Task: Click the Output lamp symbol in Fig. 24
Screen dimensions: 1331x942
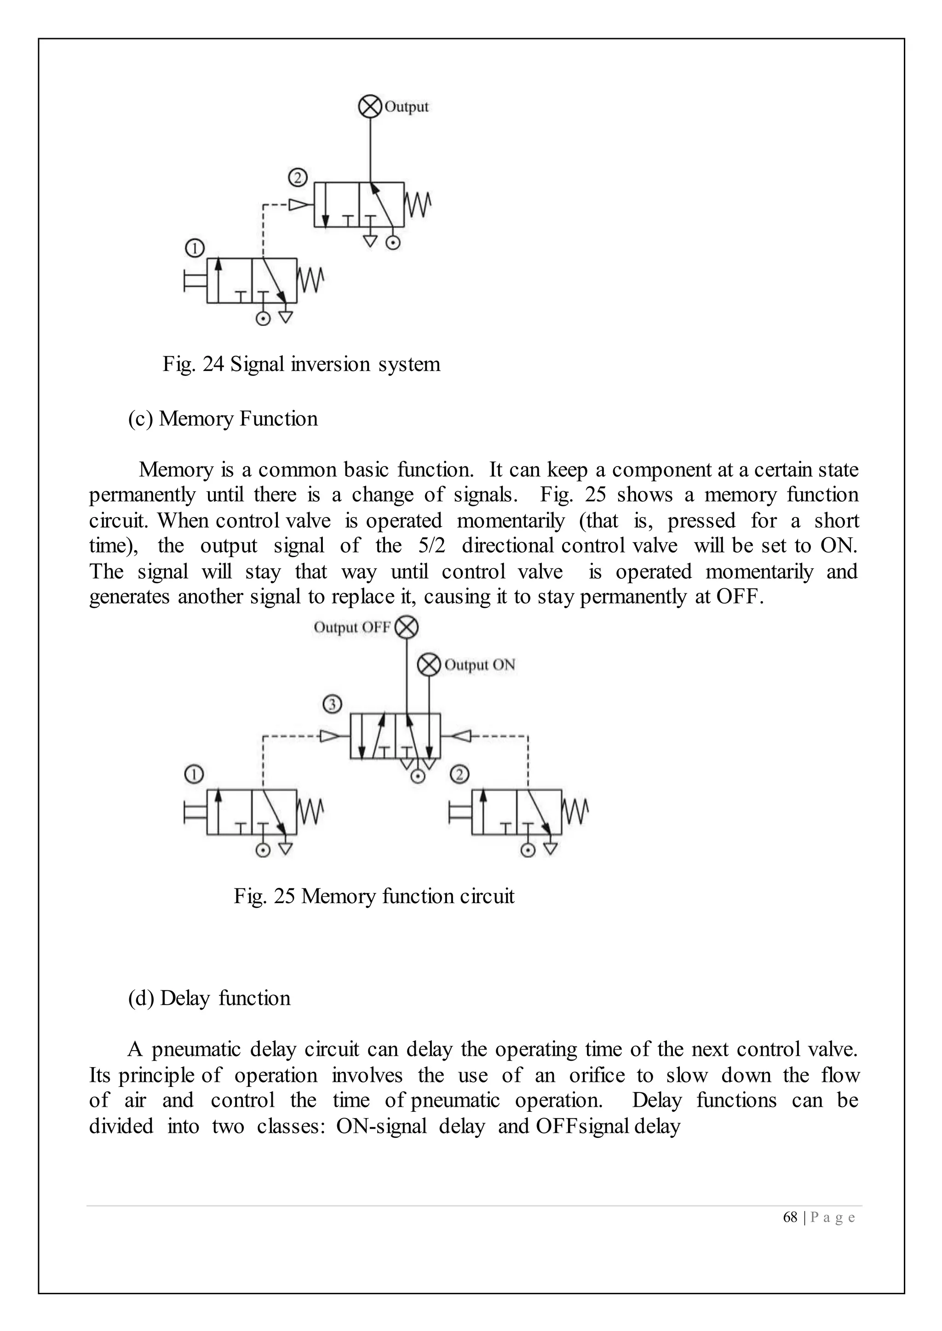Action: pyautogui.click(x=369, y=107)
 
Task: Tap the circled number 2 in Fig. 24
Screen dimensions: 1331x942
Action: pyautogui.click(x=297, y=177)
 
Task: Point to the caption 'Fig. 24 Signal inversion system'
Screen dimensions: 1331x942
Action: pyautogui.click(x=301, y=364)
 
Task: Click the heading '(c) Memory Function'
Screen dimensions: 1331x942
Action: pyautogui.click(x=223, y=419)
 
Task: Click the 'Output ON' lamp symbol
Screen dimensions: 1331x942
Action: pyautogui.click(x=429, y=665)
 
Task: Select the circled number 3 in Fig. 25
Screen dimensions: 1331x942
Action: pyautogui.click(x=332, y=705)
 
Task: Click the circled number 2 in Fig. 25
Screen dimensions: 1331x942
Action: pyautogui.click(x=460, y=774)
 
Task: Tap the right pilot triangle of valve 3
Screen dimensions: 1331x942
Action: pyautogui.click(x=460, y=736)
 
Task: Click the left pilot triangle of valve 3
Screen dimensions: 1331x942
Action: pyautogui.click(x=331, y=736)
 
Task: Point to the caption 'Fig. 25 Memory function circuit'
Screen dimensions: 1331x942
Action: pyautogui.click(x=374, y=896)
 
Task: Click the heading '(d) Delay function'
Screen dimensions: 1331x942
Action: pyautogui.click(x=209, y=998)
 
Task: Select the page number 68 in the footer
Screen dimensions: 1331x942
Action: pyautogui.click(x=790, y=1217)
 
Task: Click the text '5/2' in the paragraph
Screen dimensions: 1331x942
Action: pyautogui.click(x=431, y=546)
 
